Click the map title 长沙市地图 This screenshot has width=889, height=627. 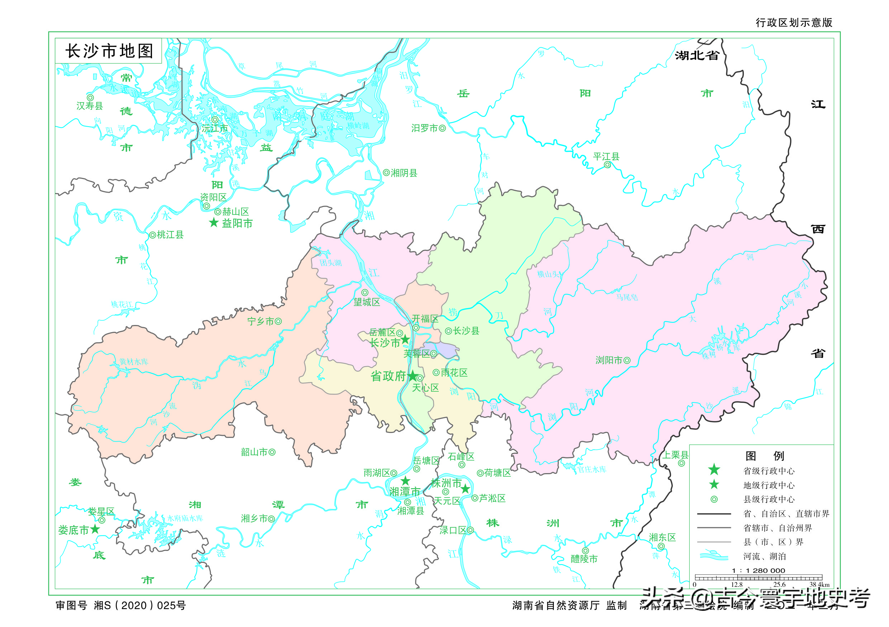coord(109,51)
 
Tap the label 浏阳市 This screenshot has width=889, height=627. coord(608,360)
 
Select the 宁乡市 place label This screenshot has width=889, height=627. coord(260,321)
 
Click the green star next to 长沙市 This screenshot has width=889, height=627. coord(405,340)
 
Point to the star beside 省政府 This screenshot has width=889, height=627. coord(413,376)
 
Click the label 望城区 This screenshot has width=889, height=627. coord(367,302)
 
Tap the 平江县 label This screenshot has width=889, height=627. coord(606,156)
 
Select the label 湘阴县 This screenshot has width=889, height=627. coord(404,173)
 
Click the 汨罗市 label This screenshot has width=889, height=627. coord(424,128)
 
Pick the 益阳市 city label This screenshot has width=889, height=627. coord(237,223)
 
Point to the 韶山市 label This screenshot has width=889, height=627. coord(254,452)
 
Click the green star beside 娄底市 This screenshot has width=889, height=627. coord(95,529)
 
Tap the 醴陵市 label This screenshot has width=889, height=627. coord(584,559)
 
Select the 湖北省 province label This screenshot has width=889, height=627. coord(697,55)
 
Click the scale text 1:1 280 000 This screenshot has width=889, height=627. coord(758,570)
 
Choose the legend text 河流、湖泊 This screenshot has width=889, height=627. coord(764,556)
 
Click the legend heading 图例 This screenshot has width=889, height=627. coord(764,456)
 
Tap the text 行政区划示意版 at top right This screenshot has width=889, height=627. coord(794,23)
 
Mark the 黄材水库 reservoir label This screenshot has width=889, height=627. coord(134,362)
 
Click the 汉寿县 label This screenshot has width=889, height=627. coord(90,106)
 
